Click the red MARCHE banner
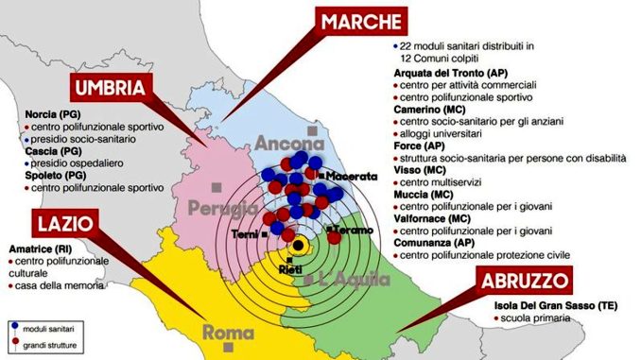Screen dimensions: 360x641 (361, 21)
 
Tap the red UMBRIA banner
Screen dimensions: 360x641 (112, 89)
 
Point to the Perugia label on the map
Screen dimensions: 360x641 (224, 208)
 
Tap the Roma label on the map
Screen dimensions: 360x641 (230, 333)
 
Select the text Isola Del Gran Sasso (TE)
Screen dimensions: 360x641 (552, 306)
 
